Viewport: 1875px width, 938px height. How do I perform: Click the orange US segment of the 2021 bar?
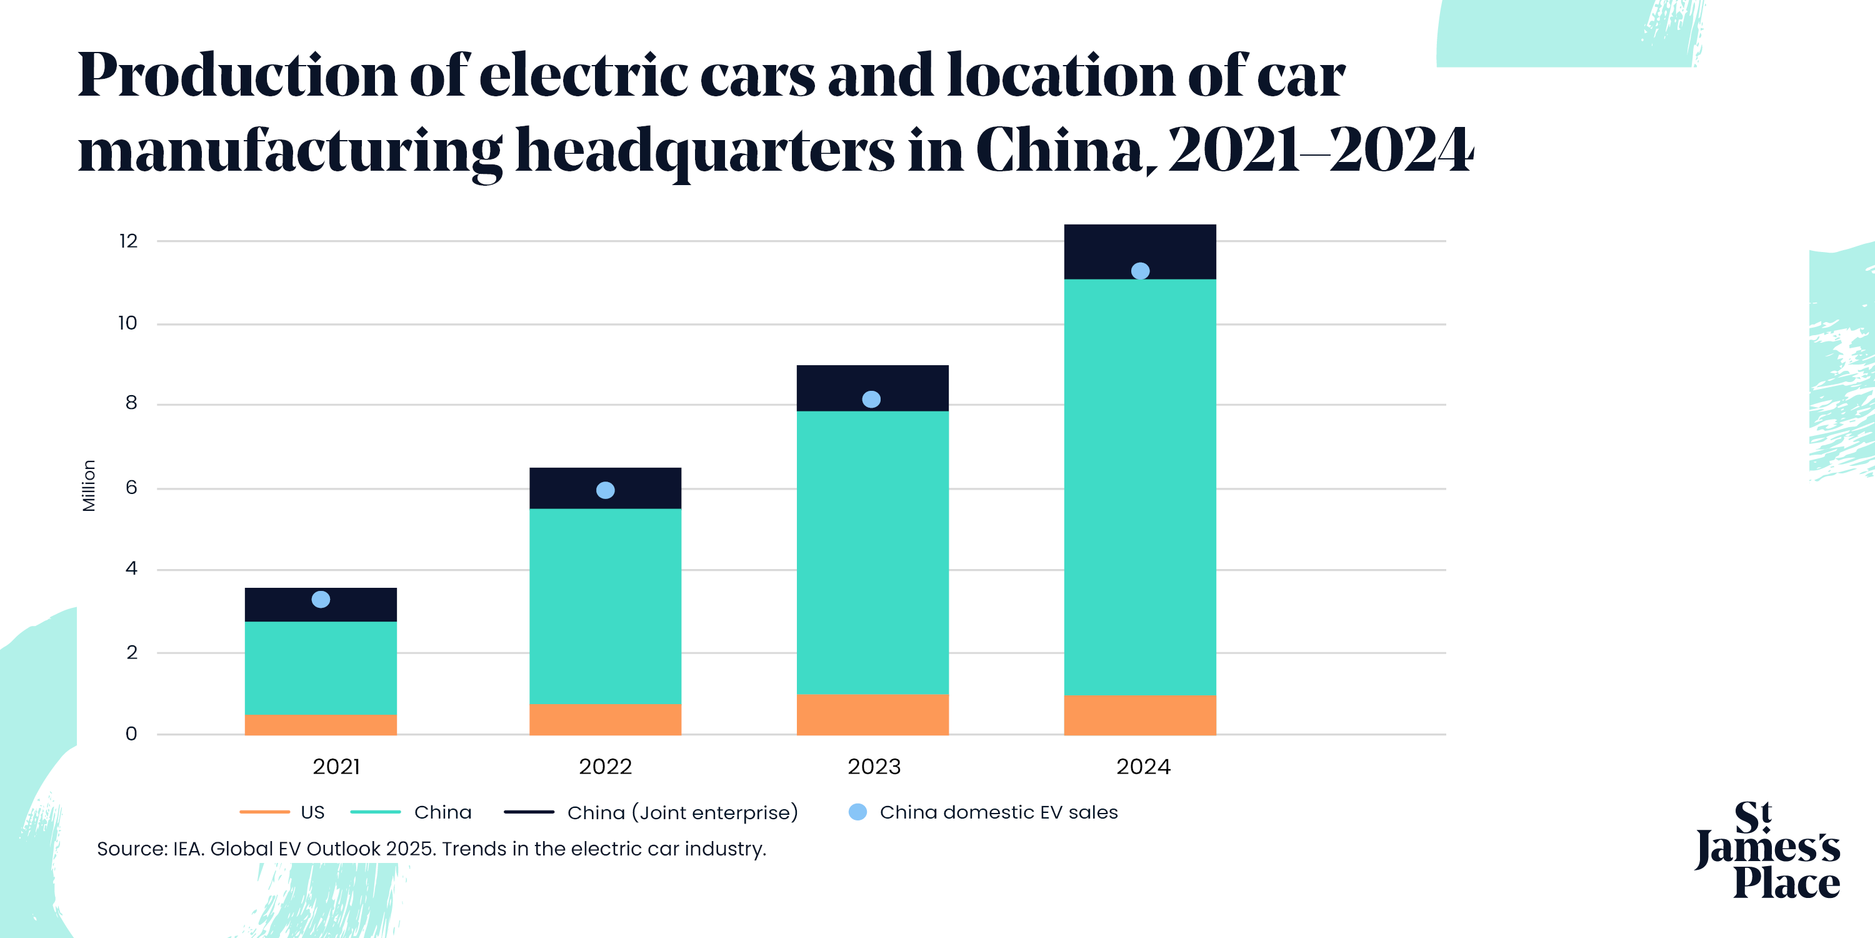[x=320, y=725]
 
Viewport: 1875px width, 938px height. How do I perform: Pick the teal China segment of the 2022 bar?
[x=605, y=606]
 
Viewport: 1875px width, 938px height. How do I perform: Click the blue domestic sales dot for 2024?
[x=1141, y=271]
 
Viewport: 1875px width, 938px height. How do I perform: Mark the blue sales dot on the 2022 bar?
[x=606, y=490]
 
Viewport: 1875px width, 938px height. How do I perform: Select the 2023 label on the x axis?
[x=874, y=767]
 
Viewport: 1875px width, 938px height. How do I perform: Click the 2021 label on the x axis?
[x=336, y=767]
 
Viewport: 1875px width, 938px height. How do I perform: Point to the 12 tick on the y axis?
[x=128, y=241]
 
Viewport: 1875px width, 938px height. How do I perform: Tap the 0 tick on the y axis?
[x=131, y=734]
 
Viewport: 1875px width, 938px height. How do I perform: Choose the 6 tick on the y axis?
[x=131, y=488]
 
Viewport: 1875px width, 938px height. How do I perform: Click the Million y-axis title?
[x=89, y=486]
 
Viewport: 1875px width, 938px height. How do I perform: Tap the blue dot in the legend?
[x=858, y=812]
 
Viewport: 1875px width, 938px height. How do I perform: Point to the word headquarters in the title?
[x=704, y=150]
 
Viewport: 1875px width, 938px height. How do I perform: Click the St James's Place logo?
[x=1768, y=850]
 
